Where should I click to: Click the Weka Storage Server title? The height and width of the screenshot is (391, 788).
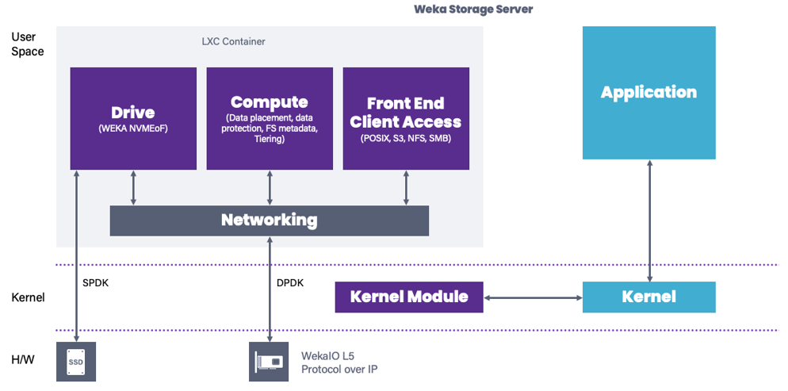point(473,10)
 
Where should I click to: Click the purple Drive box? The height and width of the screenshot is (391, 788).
point(133,118)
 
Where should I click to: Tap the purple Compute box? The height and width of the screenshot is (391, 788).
point(270,118)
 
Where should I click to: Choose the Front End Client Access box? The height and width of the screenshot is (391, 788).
point(406,118)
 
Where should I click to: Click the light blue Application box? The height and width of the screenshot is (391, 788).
point(648,92)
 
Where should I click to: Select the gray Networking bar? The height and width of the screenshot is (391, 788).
point(269,220)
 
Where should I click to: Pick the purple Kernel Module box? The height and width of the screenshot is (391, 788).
point(409,297)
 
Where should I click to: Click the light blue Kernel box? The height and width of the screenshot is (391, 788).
point(648,297)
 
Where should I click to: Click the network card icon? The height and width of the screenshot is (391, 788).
point(269,361)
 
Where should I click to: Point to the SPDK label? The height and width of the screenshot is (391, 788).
point(96,282)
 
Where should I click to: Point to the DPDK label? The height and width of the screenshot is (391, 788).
point(289,282)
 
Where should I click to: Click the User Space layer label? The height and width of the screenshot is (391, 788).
point(28,44)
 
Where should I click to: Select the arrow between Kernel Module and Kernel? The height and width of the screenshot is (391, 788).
point(533,297)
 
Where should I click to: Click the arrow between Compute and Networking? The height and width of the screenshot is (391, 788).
point(270,187)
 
